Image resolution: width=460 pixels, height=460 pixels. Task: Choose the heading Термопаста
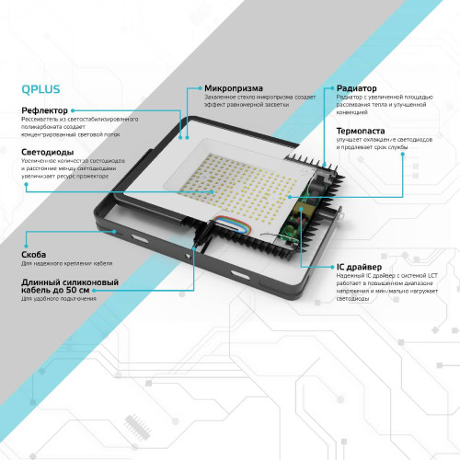(x=362, y=132)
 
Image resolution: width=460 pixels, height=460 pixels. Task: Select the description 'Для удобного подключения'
(x=58, y=299)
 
